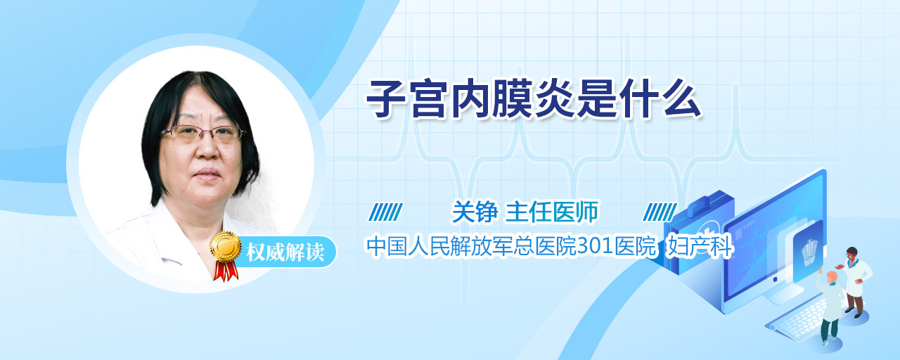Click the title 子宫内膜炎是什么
pyautogui.click(x=534, y=99)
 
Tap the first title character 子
pyautogui.click(x=387, y=99)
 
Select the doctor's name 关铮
pyautogui.click(x=475, y=212)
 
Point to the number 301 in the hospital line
pyautogui.click(x=596, y=246)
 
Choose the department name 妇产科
pyautogui.click(x=699, y=246)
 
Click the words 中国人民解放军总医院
pyautogui.click(x=471, y=246)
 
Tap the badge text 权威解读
pyautogui.click(x=285, y=252)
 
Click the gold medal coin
pyautogui.click(x=226, y=246)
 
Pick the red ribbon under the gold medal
pyautogui.click(x=226, y=271)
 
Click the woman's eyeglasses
pyautogui.click(x=203, y=133)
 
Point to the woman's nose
pyautogui.click(x=208, y=150)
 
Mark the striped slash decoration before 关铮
pyautogui.click(x=386, y=212)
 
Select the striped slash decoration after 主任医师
pyautogui.click(x=660, y=212)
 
